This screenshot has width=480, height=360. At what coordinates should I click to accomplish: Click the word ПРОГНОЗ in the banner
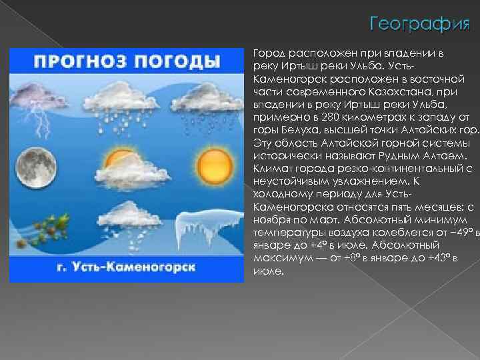pyautogui.click(x=78, y=62)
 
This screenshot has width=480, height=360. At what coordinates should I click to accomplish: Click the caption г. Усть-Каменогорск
pyautogui.click(x=126, y=267)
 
